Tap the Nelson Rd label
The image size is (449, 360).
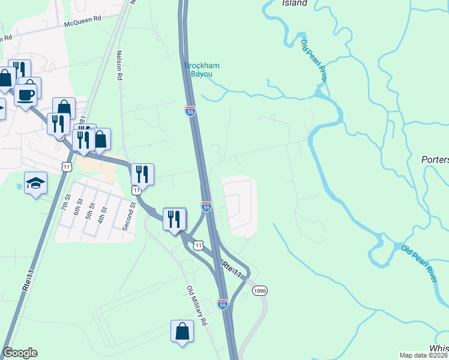[x=120, y=65]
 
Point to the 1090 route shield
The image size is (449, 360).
[x=259, y=290]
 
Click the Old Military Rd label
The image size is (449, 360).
[x=196, y=306]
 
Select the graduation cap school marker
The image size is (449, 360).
[x=36, y=183]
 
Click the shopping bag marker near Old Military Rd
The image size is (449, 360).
[x=182, y=331]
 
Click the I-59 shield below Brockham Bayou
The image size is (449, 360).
[x=190, y=110]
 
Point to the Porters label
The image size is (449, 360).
[x=435, y=160]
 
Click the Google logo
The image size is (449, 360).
[x=20, y=353]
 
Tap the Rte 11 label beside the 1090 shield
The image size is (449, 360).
[x=231, y=269]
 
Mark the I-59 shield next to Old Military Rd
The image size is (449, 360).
[x=223, y=304]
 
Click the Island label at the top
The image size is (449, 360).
[x=295, y=3]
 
